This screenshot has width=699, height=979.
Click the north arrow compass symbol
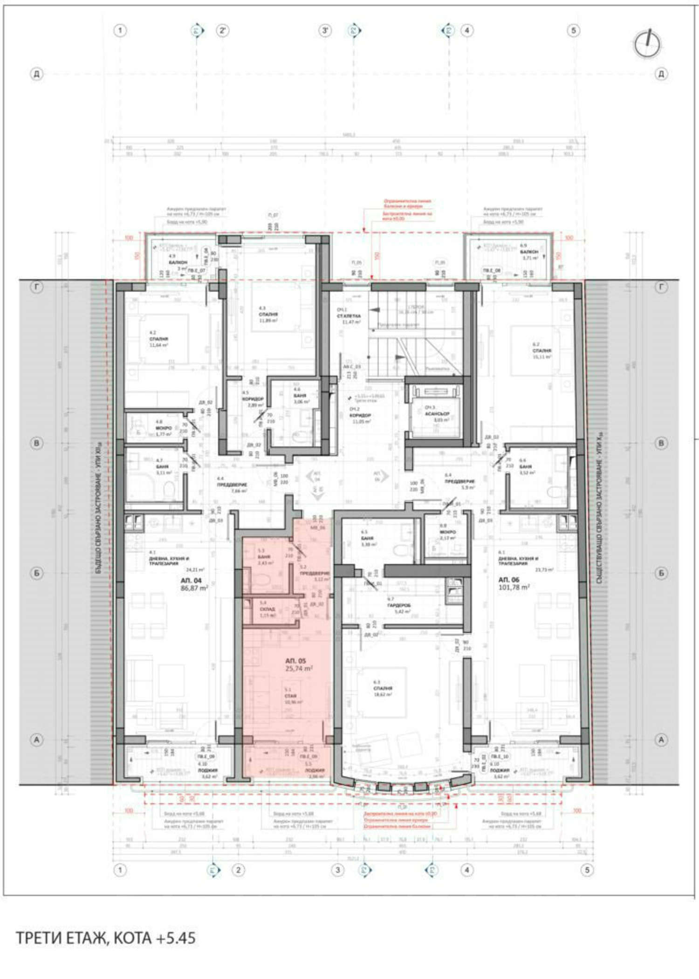647,44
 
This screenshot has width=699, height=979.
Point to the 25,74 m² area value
299,668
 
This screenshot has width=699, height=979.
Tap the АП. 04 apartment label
191,581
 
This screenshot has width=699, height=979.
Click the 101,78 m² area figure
514,587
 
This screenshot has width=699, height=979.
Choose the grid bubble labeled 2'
223,31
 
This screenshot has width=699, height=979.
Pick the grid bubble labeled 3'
325,31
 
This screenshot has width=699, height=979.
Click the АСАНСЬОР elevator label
437,413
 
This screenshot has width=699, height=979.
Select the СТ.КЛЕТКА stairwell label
349,316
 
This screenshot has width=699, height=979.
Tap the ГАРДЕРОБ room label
399,605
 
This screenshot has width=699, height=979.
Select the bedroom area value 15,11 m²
542,356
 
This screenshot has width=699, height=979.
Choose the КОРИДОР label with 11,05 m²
360,415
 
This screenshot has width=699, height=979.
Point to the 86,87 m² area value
194,588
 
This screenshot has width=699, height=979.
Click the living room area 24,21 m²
195,569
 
